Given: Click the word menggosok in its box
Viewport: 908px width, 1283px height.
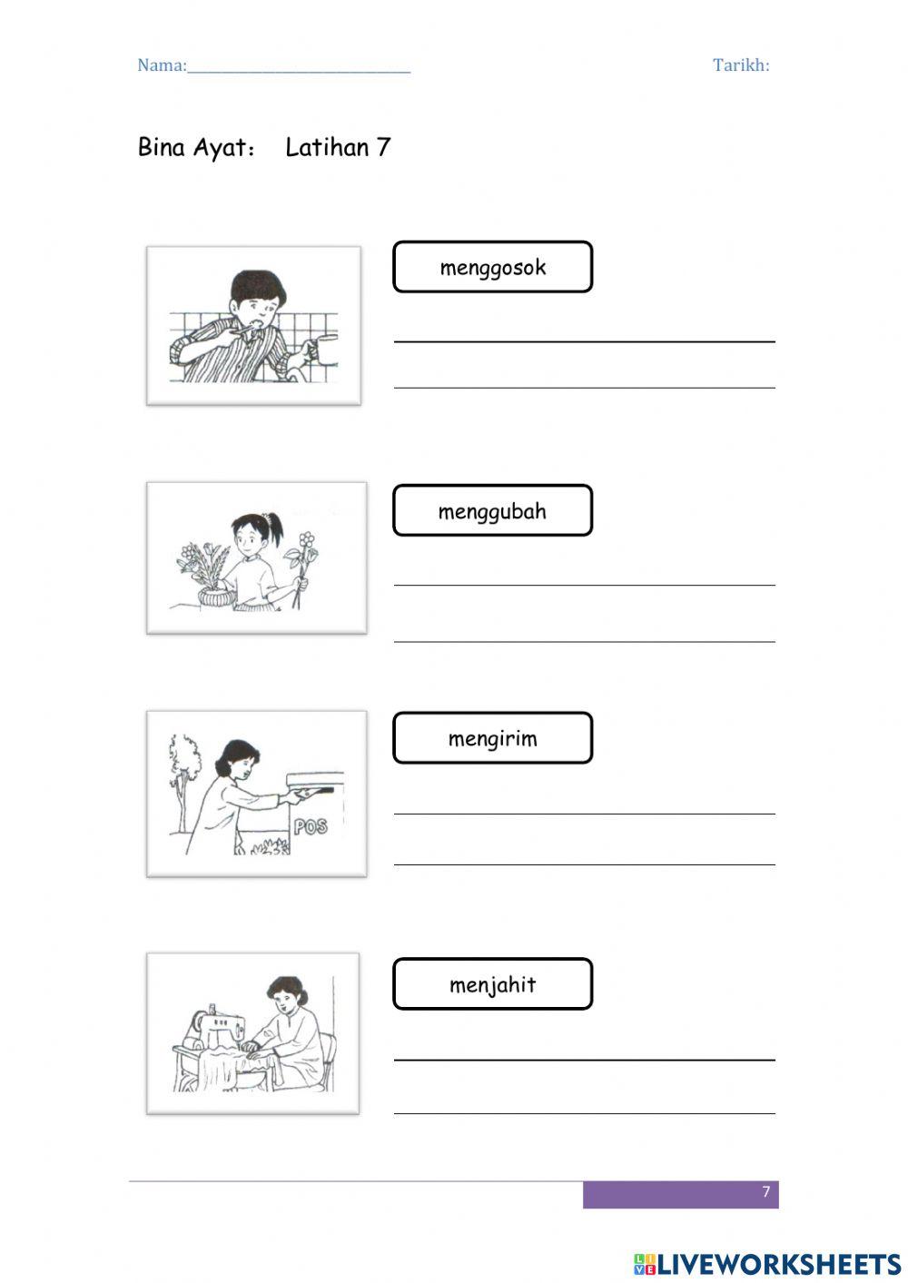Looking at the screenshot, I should tap(493, 268).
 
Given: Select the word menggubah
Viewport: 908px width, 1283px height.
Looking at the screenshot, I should tap(492, 511).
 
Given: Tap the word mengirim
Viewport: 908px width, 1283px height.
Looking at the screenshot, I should tap(492, 739).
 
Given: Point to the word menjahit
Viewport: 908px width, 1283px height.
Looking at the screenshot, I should tap(492, 985).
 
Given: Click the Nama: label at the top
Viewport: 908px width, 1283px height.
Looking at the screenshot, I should tap(162, 65).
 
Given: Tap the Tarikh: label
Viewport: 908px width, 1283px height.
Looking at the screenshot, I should tap(741, 65).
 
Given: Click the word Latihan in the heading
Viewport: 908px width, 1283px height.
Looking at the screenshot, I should tap(327, 148).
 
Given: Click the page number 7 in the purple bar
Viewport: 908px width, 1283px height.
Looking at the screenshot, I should tap(765, 1192).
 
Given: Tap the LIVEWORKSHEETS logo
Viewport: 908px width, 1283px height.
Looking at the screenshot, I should tap(767, 1264).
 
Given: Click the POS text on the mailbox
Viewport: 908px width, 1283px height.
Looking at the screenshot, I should tap(311, 826).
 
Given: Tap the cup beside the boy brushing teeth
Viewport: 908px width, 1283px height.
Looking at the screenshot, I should tap(324, 350).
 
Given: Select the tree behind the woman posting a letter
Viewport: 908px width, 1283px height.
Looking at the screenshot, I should tap(183, 772).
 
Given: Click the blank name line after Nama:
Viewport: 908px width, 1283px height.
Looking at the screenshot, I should tap(299, 67).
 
